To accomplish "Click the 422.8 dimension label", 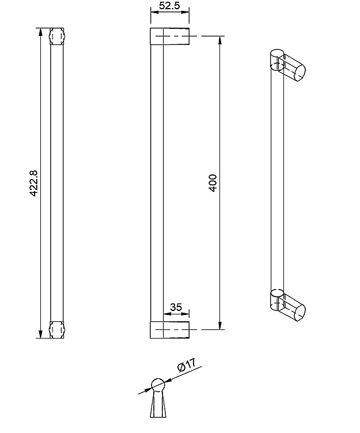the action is point(33,183).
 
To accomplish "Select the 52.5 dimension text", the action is point(169,6).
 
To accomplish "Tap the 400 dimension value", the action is point(213,183).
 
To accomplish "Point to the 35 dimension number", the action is point(176,307).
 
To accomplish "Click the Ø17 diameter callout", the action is point(187,365).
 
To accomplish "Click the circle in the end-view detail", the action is point(158,385).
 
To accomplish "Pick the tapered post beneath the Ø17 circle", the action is point(158,405).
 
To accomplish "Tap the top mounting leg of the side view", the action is point(170,36).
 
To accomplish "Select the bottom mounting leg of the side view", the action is point(170,330).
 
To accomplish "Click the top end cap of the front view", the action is point(57,36).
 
